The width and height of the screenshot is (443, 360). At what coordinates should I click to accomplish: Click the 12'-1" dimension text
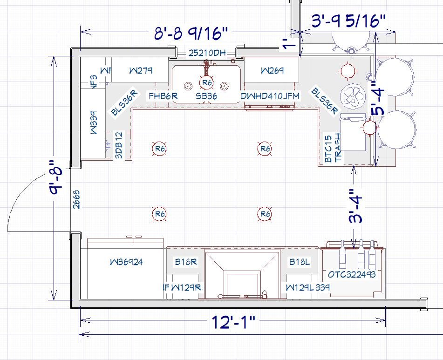pyautogui.click(x=233, y=322)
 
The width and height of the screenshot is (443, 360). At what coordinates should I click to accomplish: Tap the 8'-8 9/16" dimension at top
pyautogui.click(x=191, y=33)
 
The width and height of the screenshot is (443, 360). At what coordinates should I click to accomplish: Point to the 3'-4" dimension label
pyautogui.click(x=356, y=206)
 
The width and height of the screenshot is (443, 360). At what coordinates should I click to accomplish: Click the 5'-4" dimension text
pyautogui.click(x=378, y=99)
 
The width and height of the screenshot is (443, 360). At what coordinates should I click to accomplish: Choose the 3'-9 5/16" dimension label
pyautogui.click(x=348, y=21)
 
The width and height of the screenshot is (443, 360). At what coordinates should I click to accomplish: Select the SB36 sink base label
pyautogui.click(x=206, y=96)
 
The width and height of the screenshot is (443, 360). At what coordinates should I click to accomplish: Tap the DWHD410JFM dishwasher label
pyautogui.click(x=270, y=96)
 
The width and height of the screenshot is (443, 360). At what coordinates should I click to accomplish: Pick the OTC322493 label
pyautogui.click(x=351, y=274)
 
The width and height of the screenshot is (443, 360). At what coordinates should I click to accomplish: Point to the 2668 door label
pyautogui.click(x=76, y=199)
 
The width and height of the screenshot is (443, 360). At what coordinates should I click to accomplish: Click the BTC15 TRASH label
pyautogui.click(x=333, y=148)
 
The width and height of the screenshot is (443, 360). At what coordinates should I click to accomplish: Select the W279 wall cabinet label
pyautogui.click(x=140, y=71)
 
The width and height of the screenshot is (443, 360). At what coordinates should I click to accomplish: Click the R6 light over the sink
pyautogui.click(x=206, y=83)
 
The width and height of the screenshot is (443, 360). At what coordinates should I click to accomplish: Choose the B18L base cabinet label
pyautogui.click(x=300, y=262)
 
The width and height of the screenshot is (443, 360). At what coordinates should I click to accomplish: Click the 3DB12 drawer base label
pyautogui.click(x=119, y=146)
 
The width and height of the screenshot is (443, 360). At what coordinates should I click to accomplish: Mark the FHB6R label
pyautogui.click(x=163, y=96)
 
